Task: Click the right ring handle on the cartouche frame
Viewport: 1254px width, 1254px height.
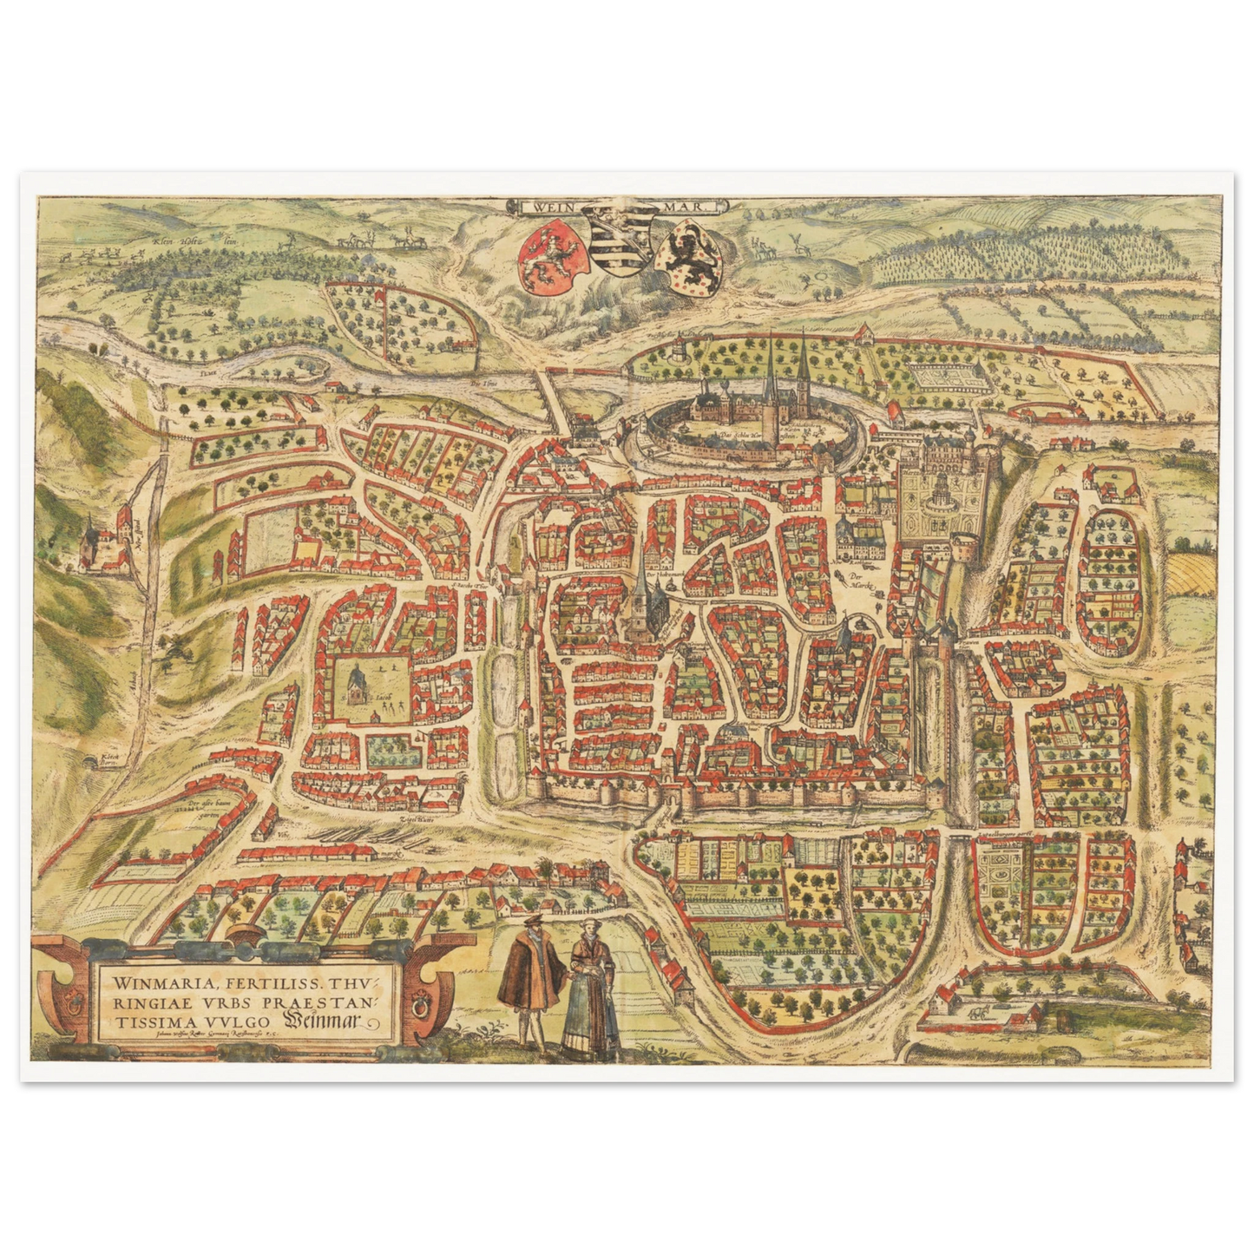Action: [425, 1007]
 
